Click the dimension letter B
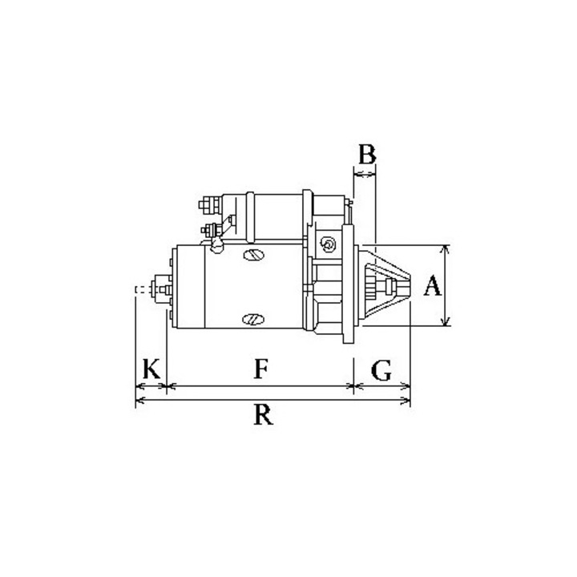click(x=365, y=154)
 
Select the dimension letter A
click(x=432, y=286)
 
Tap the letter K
click(x=151, y=370)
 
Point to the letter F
click(x=260, y=369)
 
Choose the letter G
click(x=382, y=370)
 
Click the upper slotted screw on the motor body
click(x=252, y=256)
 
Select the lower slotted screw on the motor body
click(x=250, y=319)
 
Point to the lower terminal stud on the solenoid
click(x=211, y=232)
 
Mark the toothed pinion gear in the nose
click(x=370, y=287)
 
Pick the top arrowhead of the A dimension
click(x=446, y=248)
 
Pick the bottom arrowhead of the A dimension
click(x=446, y=322)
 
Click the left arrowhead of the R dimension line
click(x=140, y=398)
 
